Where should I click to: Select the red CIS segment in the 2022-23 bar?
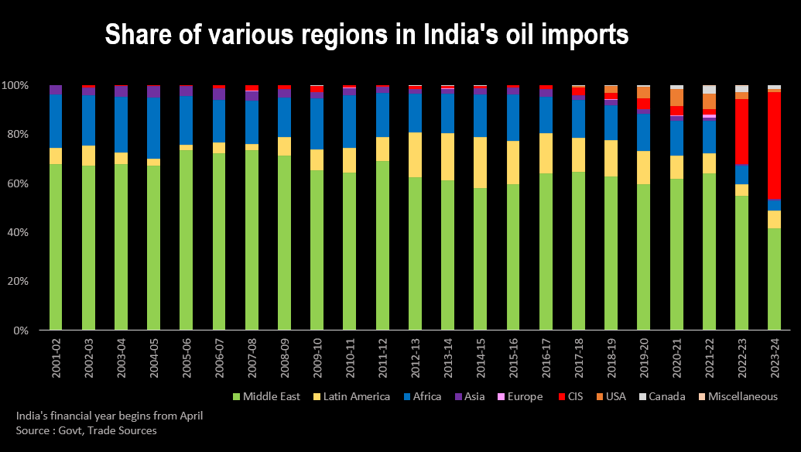(741, 132)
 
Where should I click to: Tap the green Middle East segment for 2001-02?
(56, 248)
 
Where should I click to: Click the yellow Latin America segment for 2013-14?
(447, 156)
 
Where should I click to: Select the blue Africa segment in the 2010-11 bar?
(349, 122)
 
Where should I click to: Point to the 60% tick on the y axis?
(26, 183)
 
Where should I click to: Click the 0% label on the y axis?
(31, 330)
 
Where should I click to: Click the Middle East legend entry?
(267, 397)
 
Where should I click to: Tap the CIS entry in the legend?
(576, 397)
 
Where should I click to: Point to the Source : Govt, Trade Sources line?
(86, 430)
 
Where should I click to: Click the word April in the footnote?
(188, 416)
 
